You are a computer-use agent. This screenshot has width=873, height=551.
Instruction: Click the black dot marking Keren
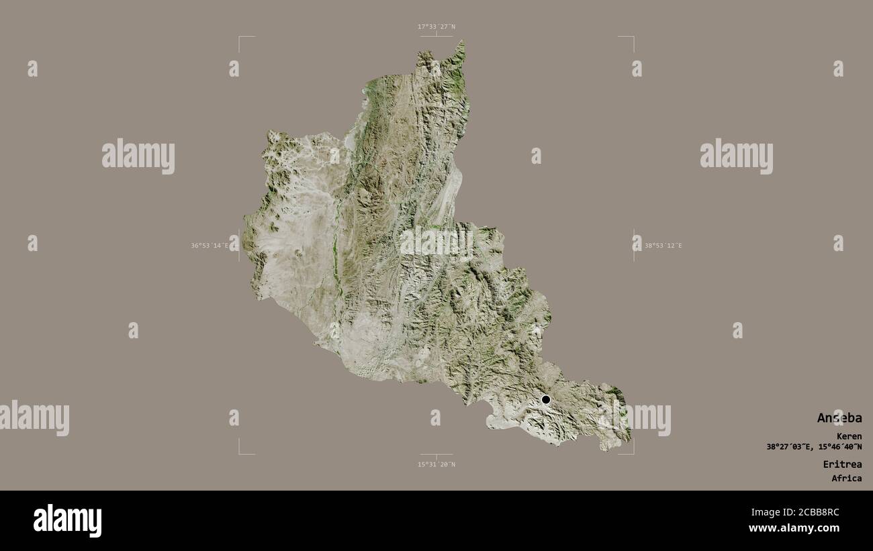546,399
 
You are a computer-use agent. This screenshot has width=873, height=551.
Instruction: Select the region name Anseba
839,418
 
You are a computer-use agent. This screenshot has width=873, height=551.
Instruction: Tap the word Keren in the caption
849,436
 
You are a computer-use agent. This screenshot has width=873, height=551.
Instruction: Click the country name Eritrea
842,464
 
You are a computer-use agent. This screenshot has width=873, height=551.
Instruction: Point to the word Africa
846,479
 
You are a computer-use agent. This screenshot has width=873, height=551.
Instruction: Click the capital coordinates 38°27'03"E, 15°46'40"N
814,447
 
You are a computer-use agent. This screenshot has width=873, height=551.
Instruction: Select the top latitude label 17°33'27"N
436,27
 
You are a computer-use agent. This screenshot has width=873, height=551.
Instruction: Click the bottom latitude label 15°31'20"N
436,464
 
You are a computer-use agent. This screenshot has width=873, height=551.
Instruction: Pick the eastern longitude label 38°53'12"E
663,246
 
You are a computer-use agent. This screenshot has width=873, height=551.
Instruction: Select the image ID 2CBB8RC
817,512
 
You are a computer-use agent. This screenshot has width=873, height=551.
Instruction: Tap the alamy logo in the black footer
67,520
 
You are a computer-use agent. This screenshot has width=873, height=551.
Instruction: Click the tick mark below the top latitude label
436,35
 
